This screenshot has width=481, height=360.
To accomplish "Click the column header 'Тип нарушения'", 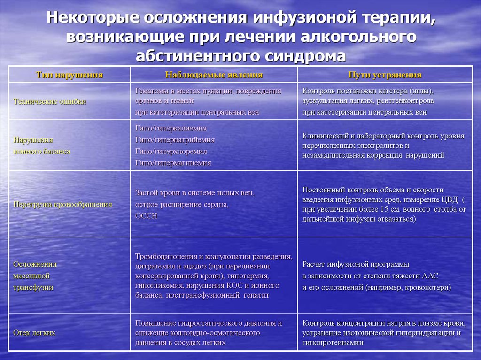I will point(69,75).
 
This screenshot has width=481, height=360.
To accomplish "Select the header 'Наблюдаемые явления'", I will point(214,75).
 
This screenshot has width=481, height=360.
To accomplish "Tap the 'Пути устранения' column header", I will point(385,75).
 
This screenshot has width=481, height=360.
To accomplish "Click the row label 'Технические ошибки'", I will point(50,101).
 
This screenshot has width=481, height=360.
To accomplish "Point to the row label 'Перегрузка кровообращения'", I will point(62,204).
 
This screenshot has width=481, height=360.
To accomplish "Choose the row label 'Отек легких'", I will point(34,333).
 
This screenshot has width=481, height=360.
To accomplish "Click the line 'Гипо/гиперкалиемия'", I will point(171,128).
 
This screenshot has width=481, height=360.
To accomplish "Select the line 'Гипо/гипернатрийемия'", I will point(175,140).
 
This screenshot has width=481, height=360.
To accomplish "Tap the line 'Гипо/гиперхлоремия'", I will point(171,152).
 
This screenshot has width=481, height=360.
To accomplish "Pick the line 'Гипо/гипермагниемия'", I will point(173,163).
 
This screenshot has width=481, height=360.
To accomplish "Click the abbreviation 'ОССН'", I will point(146,216).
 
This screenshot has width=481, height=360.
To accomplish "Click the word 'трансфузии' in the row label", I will point(33,287).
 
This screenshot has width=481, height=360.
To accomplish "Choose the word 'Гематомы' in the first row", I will point(150,91).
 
